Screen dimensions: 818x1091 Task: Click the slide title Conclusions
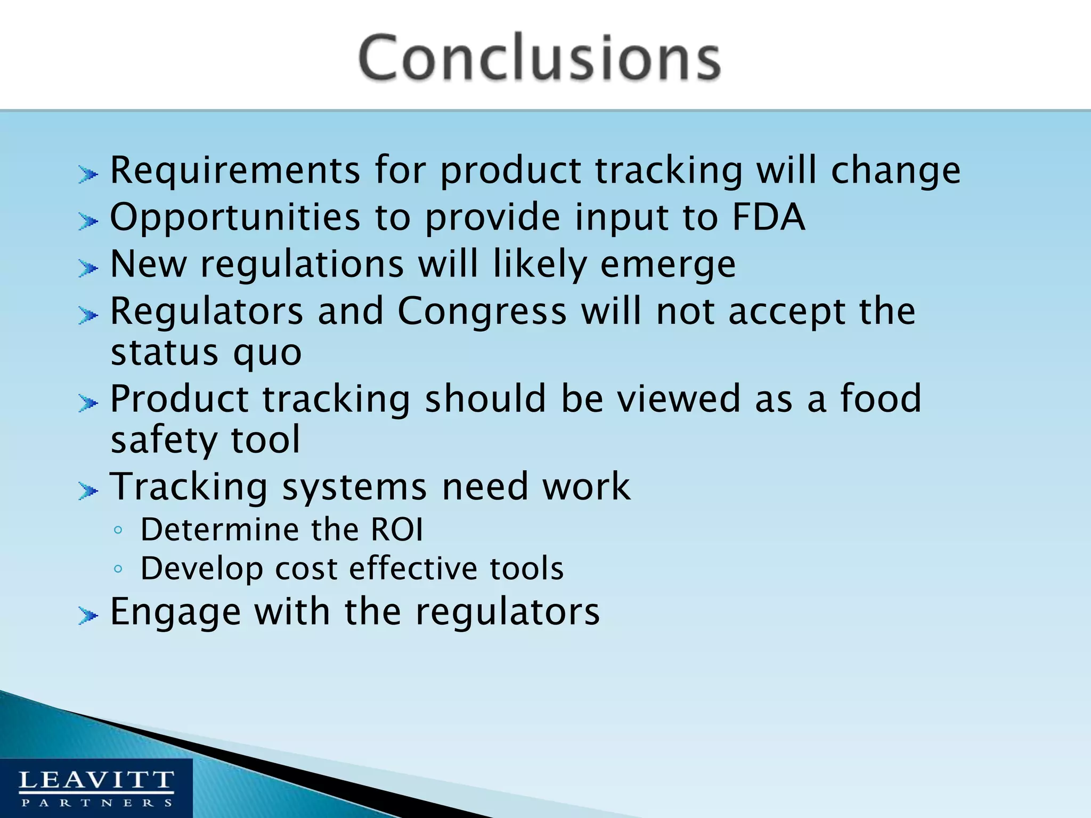(x=539, y=58)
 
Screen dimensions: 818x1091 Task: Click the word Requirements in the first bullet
(x=235, y=170)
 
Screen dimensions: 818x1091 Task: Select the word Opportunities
(x=235, y=217)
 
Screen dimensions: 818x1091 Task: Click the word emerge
(x=668, y=265)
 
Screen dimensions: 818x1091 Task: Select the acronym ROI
(x=397, y=530)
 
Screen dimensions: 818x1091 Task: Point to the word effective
(x=412, y=568)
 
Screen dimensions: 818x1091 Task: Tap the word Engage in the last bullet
(x=175, y=612)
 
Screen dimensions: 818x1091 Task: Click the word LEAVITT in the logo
(x=96, y=781)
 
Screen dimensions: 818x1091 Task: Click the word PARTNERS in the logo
(x=96, y=803)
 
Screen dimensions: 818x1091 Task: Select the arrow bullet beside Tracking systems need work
(x=88, y=490)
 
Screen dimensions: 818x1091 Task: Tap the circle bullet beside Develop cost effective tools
(x=118, y=569)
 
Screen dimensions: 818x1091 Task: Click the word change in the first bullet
(x=895, y=170)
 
